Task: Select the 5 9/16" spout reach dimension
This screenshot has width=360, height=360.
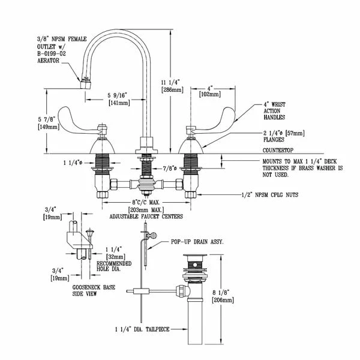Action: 117,95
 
